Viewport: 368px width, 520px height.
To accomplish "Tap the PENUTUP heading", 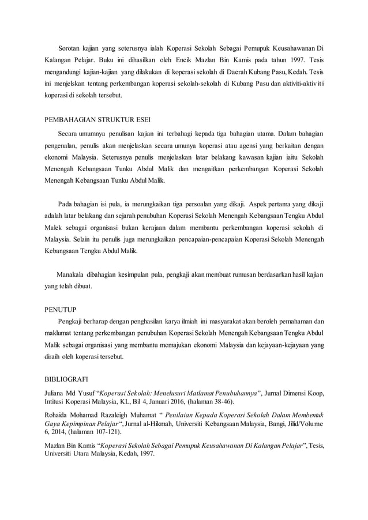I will coord(61,309).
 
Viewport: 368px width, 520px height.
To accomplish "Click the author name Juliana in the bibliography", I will coord(57,394).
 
